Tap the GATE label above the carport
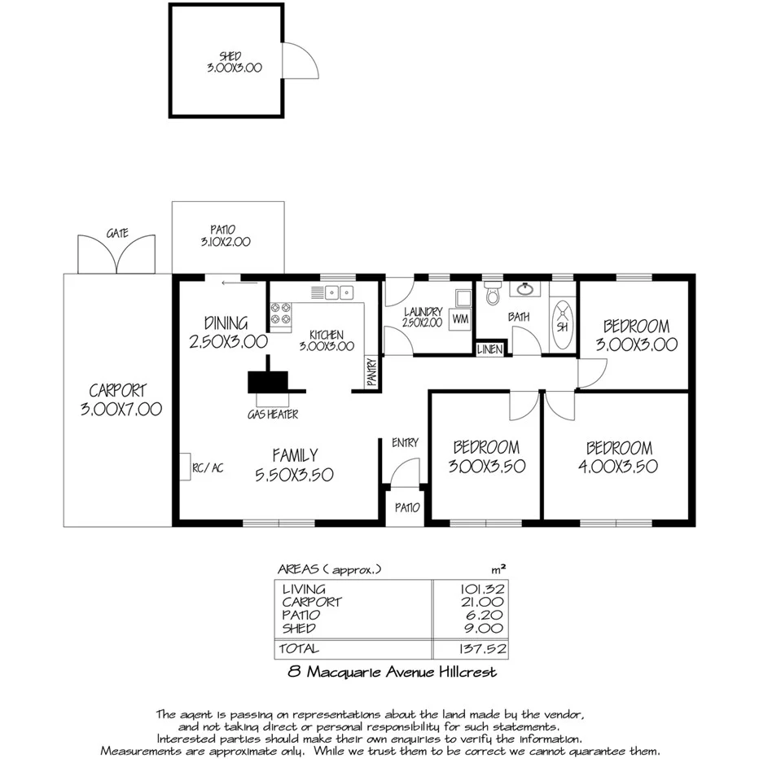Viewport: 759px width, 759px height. [117, 233]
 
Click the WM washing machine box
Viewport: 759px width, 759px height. [461, 318]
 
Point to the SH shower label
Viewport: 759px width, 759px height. [562, 327]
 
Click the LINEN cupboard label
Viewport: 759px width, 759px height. [490, 350]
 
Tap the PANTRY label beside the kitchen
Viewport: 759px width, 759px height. [371, 373]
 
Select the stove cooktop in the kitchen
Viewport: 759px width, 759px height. [281, 316]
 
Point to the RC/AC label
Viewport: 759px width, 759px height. [207, 468]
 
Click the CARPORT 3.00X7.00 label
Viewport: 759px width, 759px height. [121, 400]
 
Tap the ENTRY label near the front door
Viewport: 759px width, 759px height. [405, 442]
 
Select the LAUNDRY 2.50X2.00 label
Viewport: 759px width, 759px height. [423, 317]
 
